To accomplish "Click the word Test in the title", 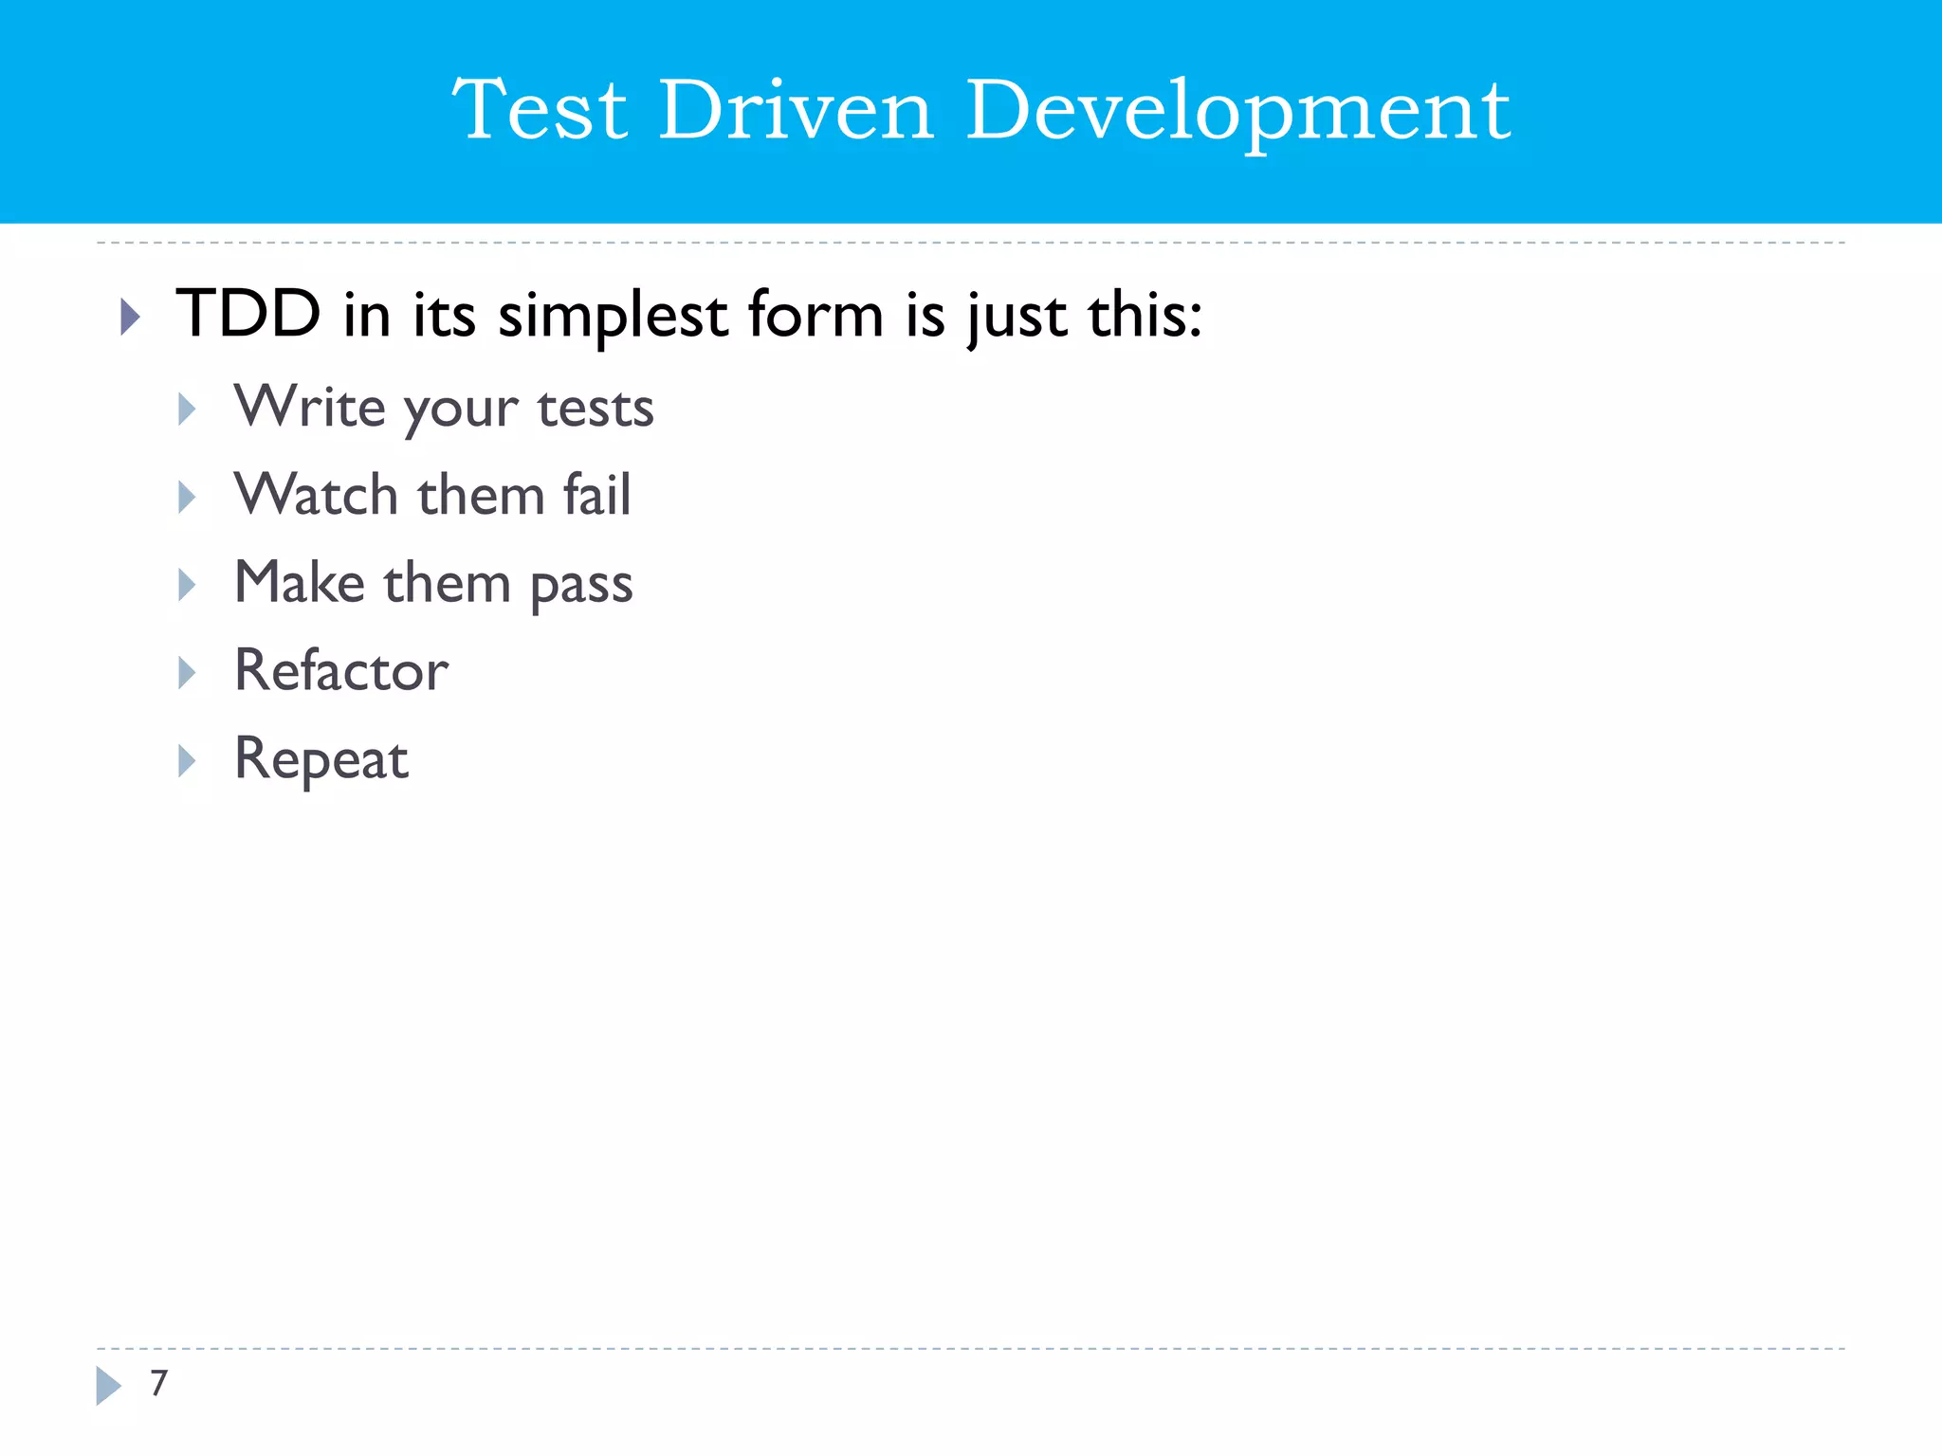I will (x=540, y=111).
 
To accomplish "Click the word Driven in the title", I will (x=797, y=111).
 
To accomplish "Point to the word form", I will (x=815, y=315).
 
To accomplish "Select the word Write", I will (x=309, y=407).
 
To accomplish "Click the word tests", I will (x=595, y=409).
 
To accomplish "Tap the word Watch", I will (x=316, y=495).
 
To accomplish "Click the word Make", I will (x=299, y=582).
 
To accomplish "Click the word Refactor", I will (x=341, y=670).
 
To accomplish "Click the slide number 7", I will (x=159, y=1383).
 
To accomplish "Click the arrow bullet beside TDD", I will (x=131, y=317).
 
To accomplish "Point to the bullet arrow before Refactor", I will (x=187, y=672).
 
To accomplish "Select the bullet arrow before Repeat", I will (x=187, y=760).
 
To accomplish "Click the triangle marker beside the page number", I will (x=108, y=1385).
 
